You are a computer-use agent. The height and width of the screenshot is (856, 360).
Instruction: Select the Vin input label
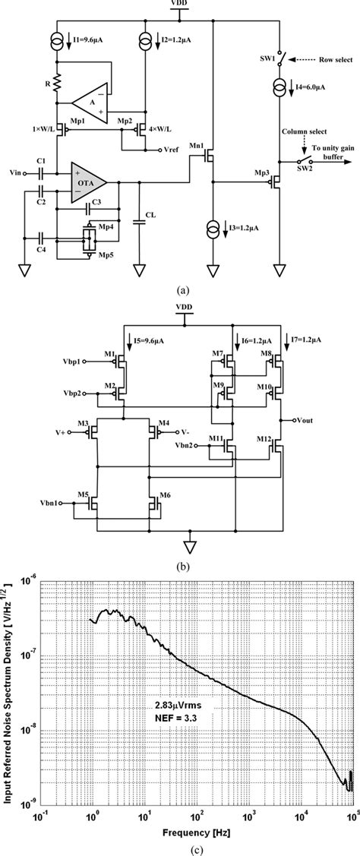coord(16,173)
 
